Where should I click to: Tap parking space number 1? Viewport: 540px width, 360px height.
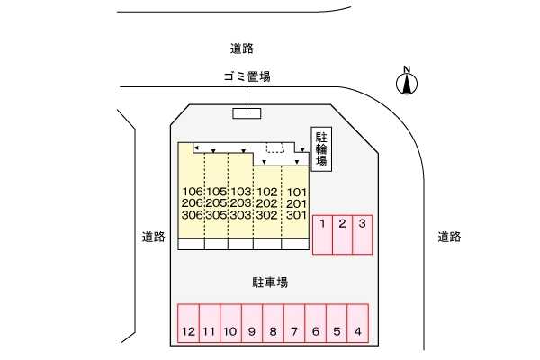point(322,235)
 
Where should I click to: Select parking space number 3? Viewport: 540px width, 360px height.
point(363,235)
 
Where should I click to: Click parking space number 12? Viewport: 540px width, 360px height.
point(188,323)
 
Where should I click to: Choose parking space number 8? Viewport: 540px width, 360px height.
point(273,323)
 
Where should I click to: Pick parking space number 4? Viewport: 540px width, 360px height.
point(358,323)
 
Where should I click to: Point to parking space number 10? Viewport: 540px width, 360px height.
point(230,323)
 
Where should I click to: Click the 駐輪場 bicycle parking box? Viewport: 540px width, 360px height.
point(321,149)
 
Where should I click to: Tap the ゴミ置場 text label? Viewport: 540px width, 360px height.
point(247,76)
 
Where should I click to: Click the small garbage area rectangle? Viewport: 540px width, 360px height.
point(247,113)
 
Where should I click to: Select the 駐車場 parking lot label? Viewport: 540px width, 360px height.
point(270,283)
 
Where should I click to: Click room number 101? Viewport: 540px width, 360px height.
point(296,192)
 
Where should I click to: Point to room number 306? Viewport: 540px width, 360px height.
point(193,215)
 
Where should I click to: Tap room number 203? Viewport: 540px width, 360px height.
point(240,203)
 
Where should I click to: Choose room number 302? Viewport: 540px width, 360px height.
point(267,215)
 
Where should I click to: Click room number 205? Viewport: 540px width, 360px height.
point(217,203)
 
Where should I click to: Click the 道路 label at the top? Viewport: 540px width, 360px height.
point(242,49)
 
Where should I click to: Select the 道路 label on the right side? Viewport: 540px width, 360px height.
point(449,237)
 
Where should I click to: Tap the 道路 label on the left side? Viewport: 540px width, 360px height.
point(154,237)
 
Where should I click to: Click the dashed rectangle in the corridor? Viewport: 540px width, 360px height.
point(275,148)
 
